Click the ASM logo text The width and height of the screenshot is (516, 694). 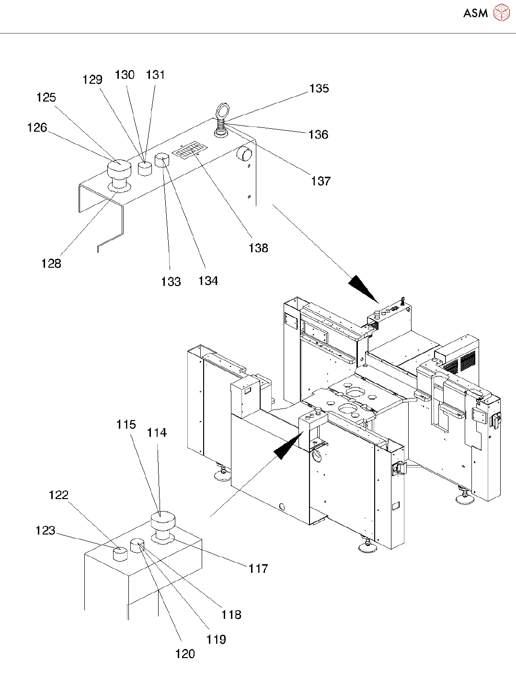[475, 13]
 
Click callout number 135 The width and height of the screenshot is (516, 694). [319, 89]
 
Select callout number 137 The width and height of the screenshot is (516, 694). [321, 181]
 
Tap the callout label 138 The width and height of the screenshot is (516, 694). [258, 248]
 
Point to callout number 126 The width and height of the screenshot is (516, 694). [37, 127]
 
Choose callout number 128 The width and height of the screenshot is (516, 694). [51, 263]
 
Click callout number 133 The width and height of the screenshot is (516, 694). [171, 282]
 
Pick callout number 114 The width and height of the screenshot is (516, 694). [157, 433]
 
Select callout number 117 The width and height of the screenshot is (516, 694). [258, 569]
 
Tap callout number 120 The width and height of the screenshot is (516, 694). [185, 654]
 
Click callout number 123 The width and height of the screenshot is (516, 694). [46, 531]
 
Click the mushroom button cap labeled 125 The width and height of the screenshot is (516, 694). [119, 169]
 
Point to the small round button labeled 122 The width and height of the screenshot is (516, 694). [120, 554]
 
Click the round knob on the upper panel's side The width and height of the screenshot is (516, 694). [245, 154]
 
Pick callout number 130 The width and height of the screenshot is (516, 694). [125, 75]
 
